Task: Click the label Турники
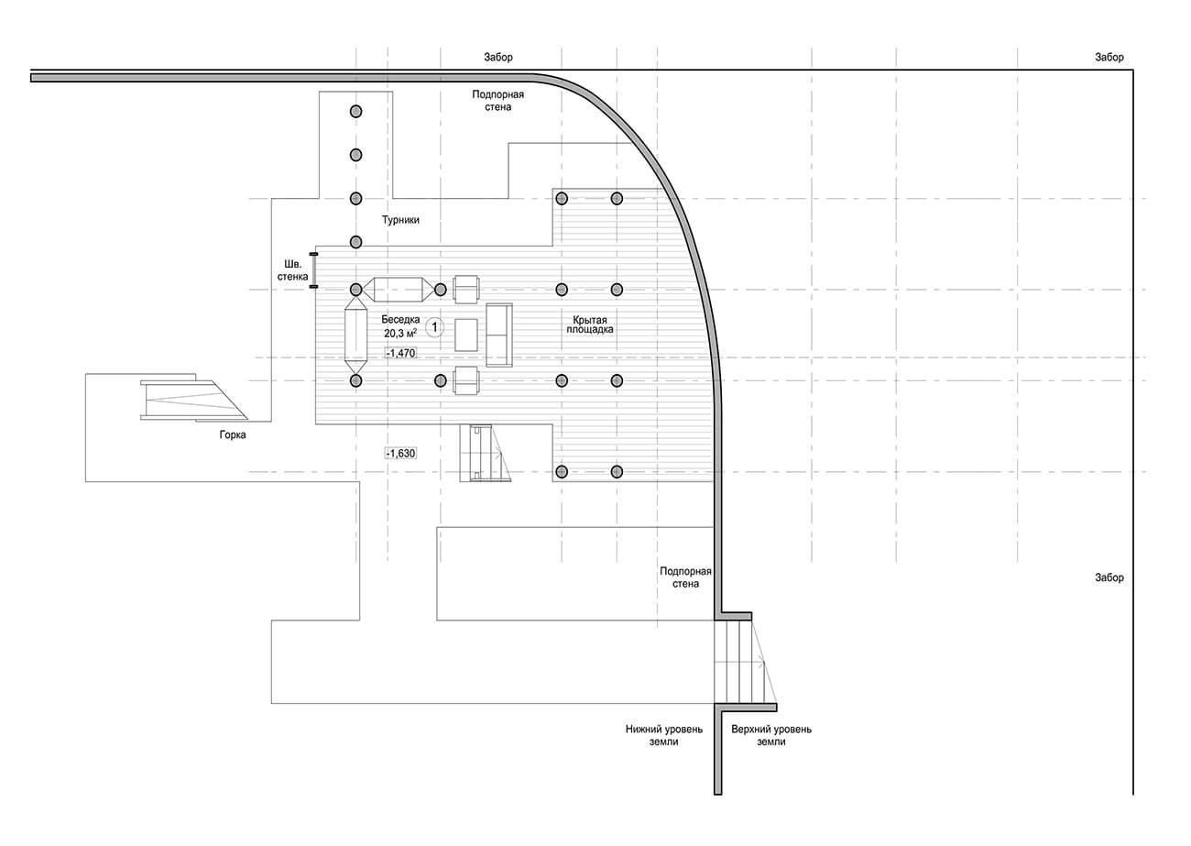(400, 220)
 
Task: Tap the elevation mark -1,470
(400, 353)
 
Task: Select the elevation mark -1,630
(400, 454)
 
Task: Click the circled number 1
(435, 326)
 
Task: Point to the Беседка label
(400, 319)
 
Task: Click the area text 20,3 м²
(400, 333)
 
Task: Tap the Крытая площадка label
(590, 324)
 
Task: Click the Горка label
(233, 434)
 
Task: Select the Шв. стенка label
(292, 270)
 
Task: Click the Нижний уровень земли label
(664, 735)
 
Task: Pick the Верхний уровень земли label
(771, 735)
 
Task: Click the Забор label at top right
(1109, 57)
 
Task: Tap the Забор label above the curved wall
(498, 57)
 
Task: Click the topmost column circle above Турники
(356, 111)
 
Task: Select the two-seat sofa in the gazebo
(499, 335)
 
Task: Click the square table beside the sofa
(466, 335)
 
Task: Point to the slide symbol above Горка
(194, 399)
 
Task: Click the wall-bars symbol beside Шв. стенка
(313, 270)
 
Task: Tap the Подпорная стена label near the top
(497, 101)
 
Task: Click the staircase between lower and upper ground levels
(744, 664)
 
